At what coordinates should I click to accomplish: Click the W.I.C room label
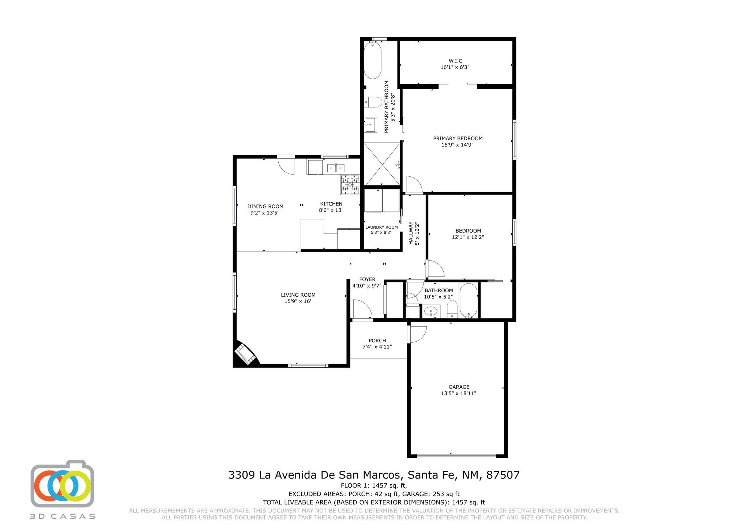(455, 61)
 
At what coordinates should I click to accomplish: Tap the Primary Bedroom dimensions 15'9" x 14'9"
(458, 145)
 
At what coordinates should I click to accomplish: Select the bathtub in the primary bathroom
(373, 60)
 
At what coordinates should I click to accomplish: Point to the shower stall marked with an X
(381, 164)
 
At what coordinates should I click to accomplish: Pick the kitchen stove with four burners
(350, 185)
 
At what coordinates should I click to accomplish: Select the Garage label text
(459, 387)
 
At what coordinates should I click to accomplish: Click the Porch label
(377, 341)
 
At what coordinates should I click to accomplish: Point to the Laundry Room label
(381, 227)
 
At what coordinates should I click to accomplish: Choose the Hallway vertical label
(411, 233)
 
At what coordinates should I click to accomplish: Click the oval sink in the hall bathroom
(431, 311)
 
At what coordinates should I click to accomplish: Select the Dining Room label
(266, 206)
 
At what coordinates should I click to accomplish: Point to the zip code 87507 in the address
(503, 475)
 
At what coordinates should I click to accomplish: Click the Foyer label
(367, 279)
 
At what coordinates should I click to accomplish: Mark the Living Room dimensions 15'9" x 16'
(298, 301)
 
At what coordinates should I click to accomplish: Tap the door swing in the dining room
(286, 165)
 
